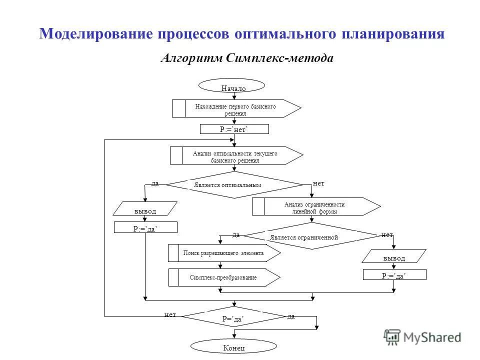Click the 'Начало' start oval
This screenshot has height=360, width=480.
pos(231,86)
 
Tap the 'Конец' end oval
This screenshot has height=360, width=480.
pos(233,346)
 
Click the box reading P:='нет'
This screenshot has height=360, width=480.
pos(234,129)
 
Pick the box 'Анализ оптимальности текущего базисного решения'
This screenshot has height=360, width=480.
pos(236,155)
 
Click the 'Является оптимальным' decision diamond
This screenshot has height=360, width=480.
pos(234,185)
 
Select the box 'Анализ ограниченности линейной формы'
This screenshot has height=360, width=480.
pos(315,206)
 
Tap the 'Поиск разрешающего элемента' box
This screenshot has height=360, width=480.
pos(224,253)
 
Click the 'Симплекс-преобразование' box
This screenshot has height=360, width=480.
pos(224,277)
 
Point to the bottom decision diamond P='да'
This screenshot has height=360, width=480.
pos(234,317)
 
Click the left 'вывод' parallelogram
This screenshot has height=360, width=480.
pos(145,209)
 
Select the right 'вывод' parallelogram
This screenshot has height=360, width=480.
pos(394,256)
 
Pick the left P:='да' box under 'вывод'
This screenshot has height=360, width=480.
pos(145,228)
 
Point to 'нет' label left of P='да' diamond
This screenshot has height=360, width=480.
pos(170,314)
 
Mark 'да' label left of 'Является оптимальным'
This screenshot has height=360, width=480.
pos(155,183)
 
